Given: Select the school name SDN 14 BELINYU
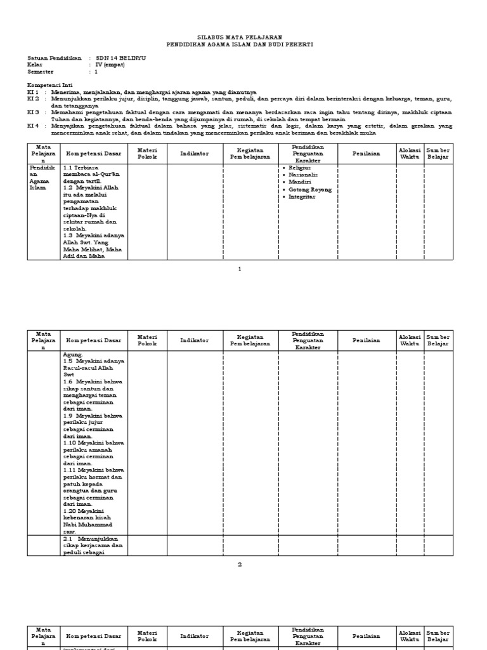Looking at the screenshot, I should click(120, 58).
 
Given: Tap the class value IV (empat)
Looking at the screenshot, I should click(110, 65).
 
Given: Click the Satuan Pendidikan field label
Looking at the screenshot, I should click(55, 58).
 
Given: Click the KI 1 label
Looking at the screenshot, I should click(33, 92).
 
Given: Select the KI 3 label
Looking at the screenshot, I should click(33, 112).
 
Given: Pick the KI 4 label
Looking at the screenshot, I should click(33, 126).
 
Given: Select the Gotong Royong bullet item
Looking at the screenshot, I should click(309, 190).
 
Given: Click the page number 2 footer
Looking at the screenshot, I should click(240, 565).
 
